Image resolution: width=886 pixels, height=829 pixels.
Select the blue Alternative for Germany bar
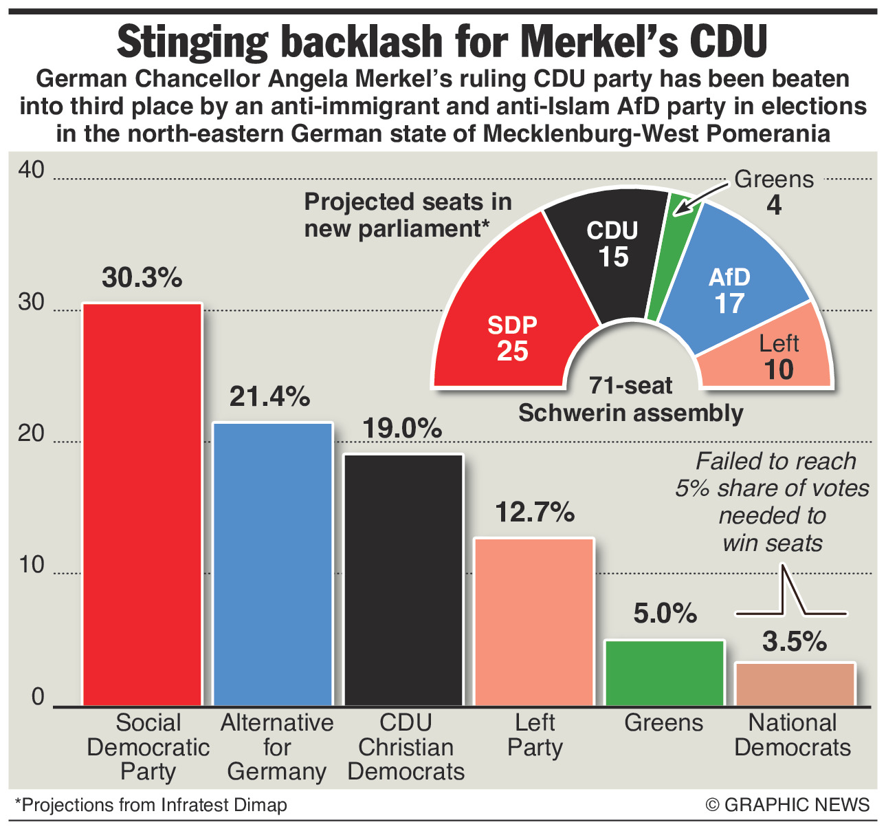pyautogui.click(x=272, y=564)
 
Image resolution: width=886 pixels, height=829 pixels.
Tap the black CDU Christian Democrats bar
pyautogui.click(x=403, y=580)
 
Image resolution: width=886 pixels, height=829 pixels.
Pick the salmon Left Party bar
pyautogui.click(x=534, y=622)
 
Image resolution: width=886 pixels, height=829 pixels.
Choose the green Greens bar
pyautogui.click(x=664, y=673)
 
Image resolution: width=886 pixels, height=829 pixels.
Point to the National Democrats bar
pyautogui.click(x=795, y=684)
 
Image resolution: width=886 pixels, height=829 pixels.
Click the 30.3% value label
pyautogui.click(x=142, y=277)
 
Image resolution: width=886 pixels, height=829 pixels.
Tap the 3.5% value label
pyautogui.click(x=795, y=641)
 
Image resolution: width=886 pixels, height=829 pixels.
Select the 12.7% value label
pyautogui.click(x=535, y=512)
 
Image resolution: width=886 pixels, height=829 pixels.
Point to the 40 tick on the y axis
pyautogui.click(x=30, y=171)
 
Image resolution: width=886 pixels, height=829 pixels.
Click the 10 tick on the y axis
pyautogui.click(x=30, y=566)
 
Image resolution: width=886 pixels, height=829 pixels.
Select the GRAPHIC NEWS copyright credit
pyautogui.click(x=788, y=804)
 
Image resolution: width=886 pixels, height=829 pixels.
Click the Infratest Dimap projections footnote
pyautogui.click(x=151, y=804)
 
